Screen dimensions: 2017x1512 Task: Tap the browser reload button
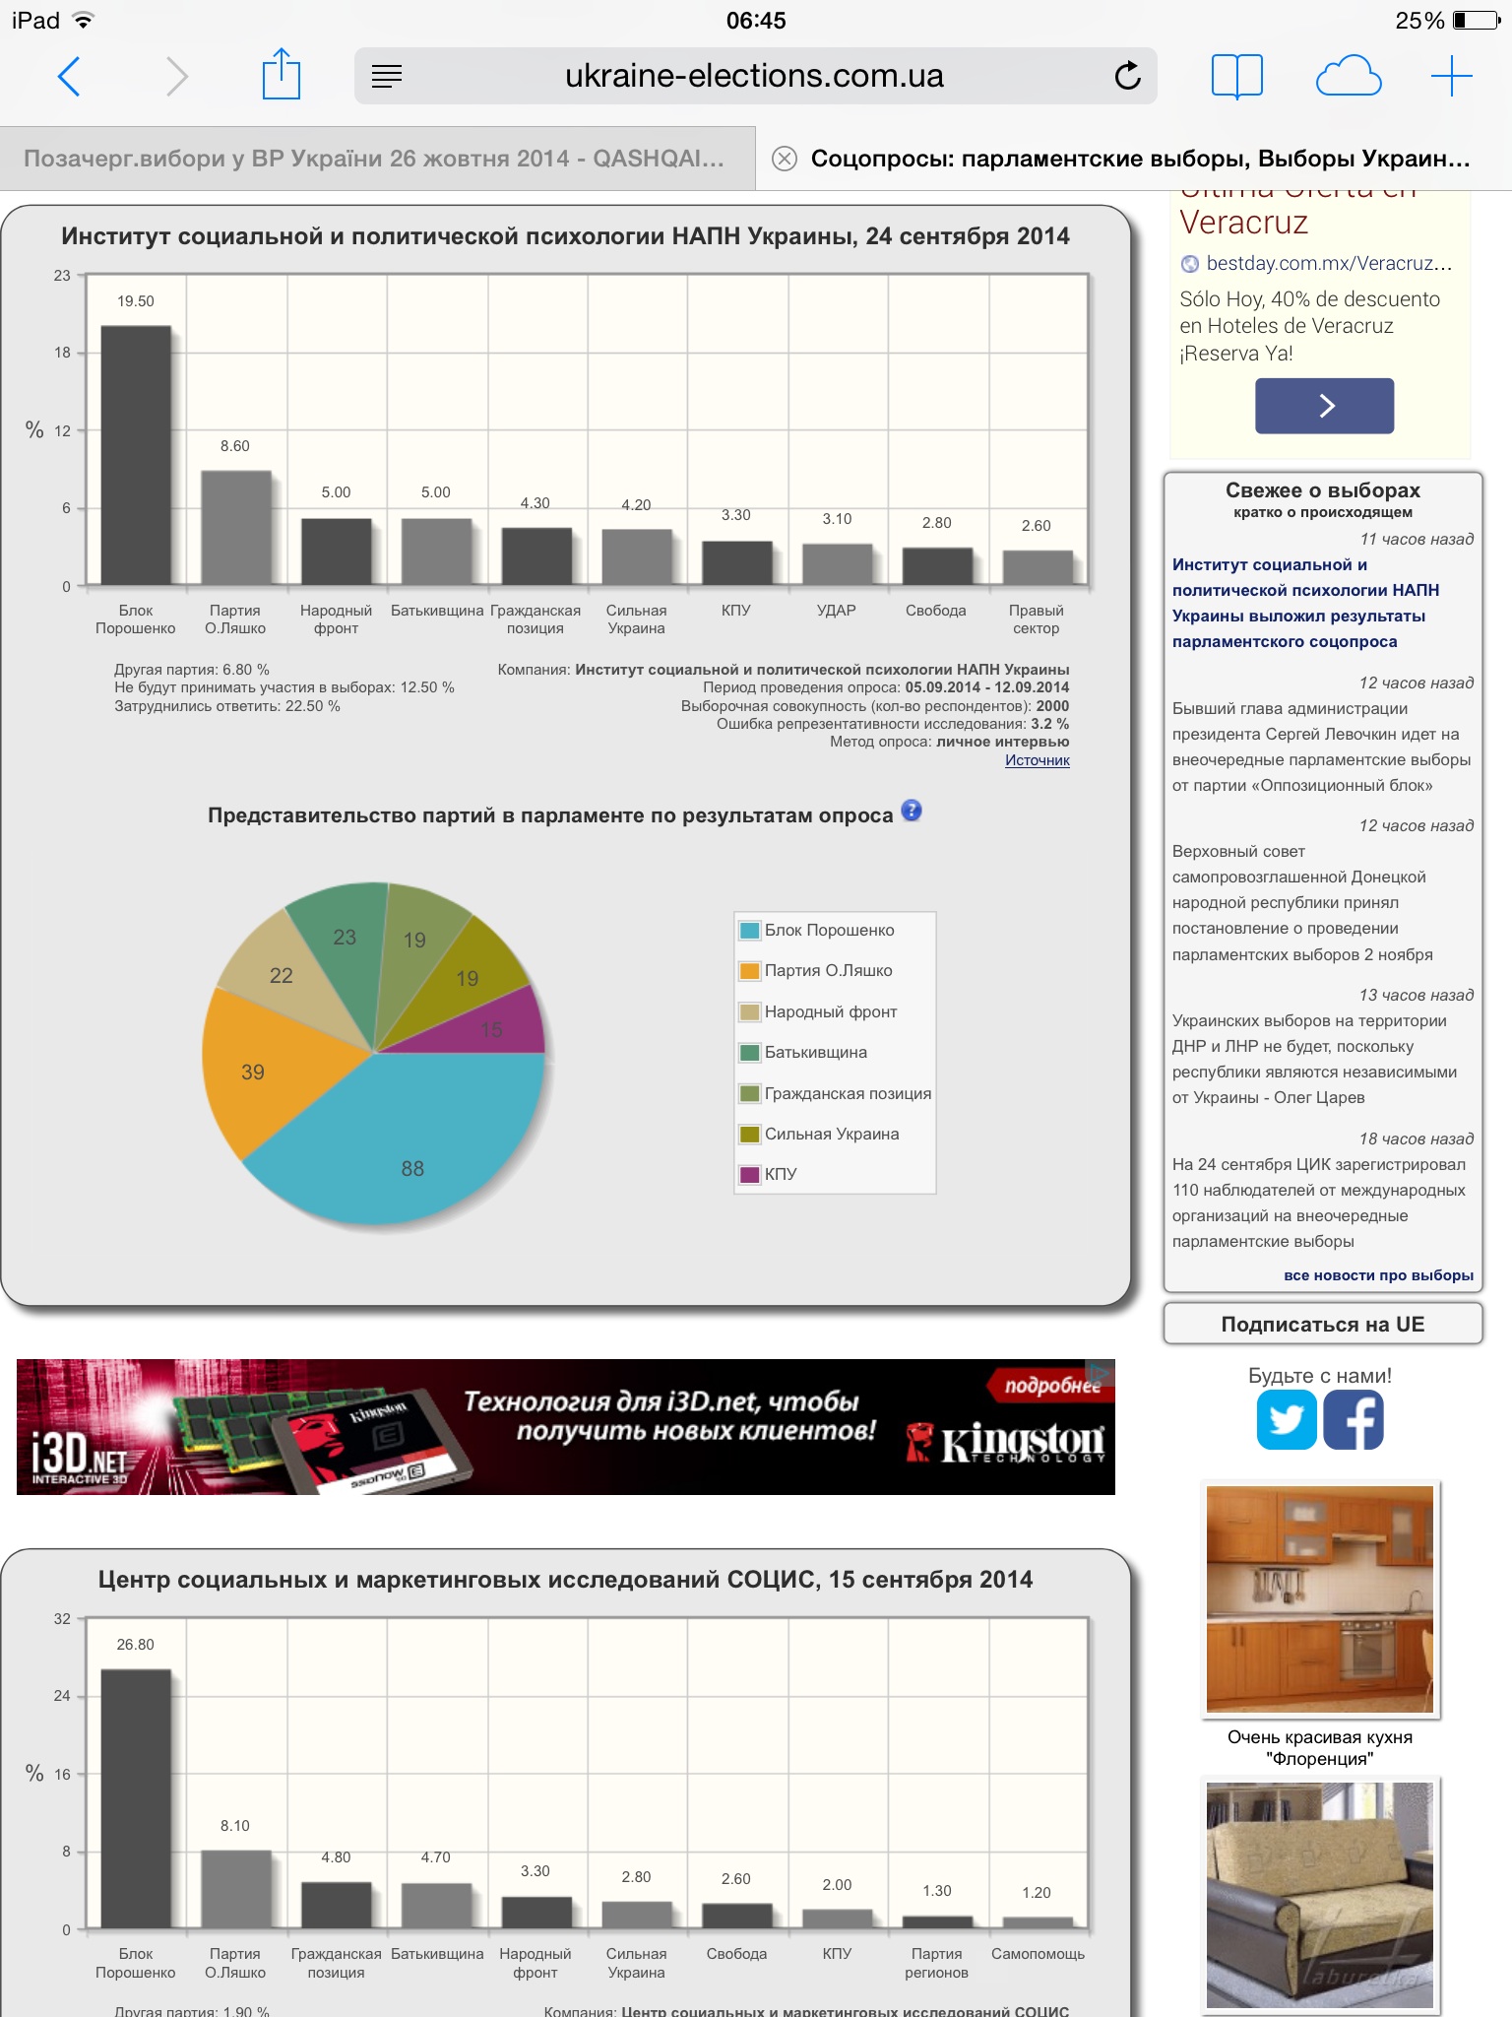pyautogui.click(x=1127, y=76)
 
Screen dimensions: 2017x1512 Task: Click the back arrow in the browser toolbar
pyautogui.click(x=69, y=76)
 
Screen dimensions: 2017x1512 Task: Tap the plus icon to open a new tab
pyautogui.click(x=1451, y=76)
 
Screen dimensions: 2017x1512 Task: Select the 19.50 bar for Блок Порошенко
pyautogui.click(x=136, y=455)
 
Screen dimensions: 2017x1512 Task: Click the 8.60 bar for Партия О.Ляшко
pyautogui.click(x=236, y=528)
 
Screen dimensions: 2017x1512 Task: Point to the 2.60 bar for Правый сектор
pyautogui.click(x=1038, y=567)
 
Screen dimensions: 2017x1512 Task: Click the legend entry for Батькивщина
pyautogui.click(x=815, y=1053)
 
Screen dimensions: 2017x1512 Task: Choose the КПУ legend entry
pyautogui.click(x=780, y=1174)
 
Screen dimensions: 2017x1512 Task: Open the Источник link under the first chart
pyautogui.click(x=1037, y=760)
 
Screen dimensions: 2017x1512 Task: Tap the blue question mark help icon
pyautogui.click(x=912, y=811)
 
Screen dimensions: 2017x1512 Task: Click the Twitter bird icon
pyautogui.click(x=1287, y=1420)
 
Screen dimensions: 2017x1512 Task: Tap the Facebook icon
pyautogui.click(x=1354, y=1420)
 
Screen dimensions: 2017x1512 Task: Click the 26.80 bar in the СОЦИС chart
pyautogui.click(x=136, y=1797)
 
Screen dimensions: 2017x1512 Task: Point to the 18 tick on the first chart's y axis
pyautogui.click(x=62, y=353)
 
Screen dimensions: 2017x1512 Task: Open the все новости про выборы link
pyautogui.click(x=1378, y=1275)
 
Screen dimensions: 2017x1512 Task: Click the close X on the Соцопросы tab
pyautogui.click(x=785, y=159)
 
